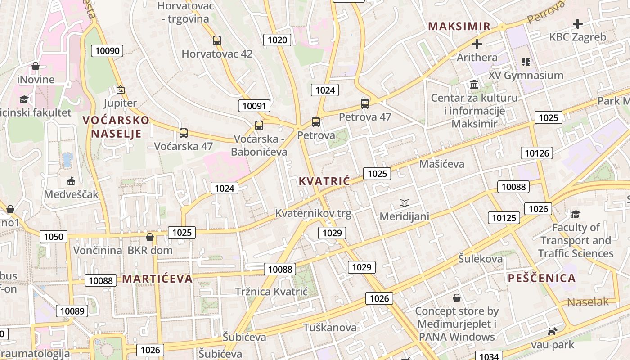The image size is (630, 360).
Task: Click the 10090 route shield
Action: click(108, 50)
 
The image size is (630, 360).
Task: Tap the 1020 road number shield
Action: click(277, 40)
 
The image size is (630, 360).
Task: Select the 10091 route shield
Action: click(254, 106)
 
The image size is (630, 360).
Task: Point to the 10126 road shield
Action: click(537, 153)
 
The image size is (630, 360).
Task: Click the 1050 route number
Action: click(54, 236)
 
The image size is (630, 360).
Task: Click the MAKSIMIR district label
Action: click(459, 26)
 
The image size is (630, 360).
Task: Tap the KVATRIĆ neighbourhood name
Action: click(324, 181)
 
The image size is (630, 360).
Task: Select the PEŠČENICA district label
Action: click(542, 278)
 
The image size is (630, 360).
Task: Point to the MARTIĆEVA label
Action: click(157, 279)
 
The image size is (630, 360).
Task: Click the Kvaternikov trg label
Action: click(313, 213)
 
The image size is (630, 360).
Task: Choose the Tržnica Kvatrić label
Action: click(271, 291)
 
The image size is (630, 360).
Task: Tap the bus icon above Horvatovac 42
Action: click(217, 40)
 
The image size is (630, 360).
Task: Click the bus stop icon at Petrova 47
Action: click(364, 104)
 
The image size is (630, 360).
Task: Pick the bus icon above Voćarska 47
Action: click(183, 133)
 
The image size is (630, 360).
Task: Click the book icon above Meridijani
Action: click(405, 203)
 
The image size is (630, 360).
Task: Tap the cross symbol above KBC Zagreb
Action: click(578, 24)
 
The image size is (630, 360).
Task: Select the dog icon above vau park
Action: click(552, 332)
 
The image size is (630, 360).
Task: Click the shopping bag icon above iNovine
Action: click(36, 67)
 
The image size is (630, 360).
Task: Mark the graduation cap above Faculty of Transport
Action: click(576, 214)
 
